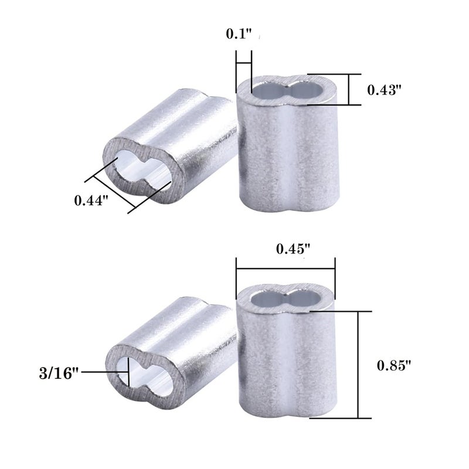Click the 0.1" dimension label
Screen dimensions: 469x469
pos(239,34)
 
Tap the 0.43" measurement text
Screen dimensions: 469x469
pos(384,90)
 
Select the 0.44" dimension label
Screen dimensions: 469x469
pos(91,200)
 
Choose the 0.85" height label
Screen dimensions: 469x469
pos(395,365)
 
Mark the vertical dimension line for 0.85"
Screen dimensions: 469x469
pos(358,365)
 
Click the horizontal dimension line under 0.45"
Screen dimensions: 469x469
pos(285,268)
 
